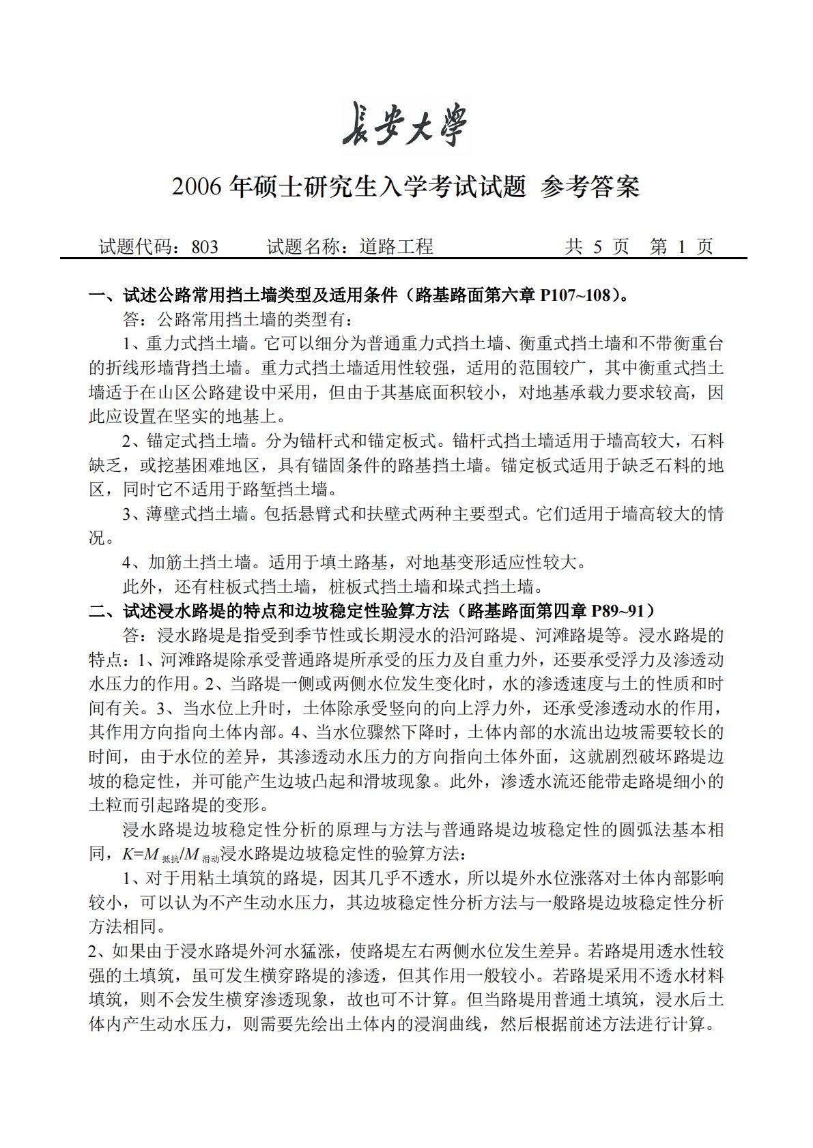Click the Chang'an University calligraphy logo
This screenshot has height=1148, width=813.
[x=405, y=125]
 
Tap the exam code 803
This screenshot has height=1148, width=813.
[x=205, y=247]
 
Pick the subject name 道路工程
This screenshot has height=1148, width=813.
[x=397, y=247]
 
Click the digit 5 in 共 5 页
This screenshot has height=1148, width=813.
[x=598, y=247]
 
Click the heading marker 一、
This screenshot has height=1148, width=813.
[x=104, y=295]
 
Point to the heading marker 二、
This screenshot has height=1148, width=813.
[x=104, y=611]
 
